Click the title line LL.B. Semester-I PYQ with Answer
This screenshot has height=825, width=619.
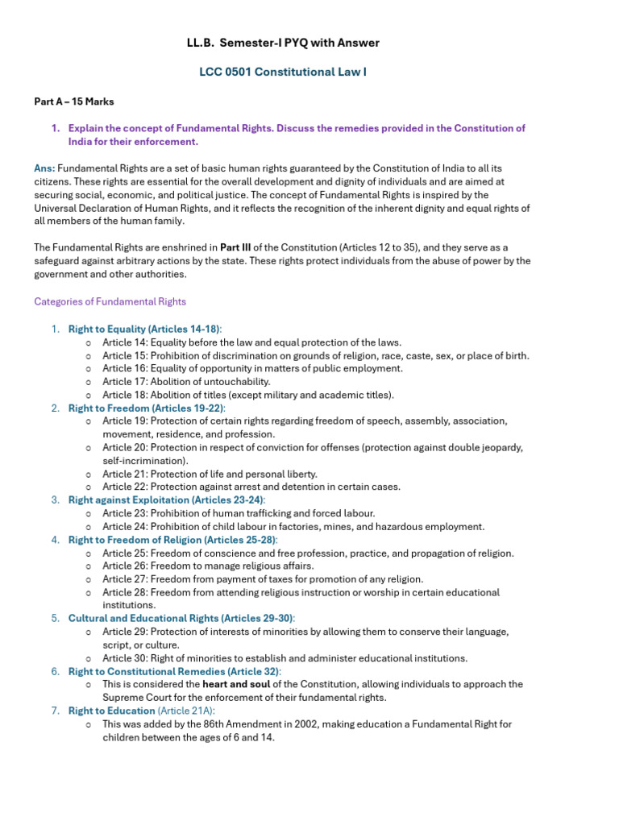coord(283,43)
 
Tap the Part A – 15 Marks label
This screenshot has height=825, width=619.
coord(73,102)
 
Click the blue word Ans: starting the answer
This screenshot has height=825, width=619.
coord(44,168)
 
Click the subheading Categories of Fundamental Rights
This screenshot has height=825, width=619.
coord(110,301)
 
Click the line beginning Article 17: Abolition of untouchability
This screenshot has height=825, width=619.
coord(186,381)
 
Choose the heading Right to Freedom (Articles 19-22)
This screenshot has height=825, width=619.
coord(145,408)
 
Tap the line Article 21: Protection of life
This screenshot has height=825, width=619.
coord(210,474)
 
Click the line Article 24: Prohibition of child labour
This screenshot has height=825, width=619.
coord(293,526)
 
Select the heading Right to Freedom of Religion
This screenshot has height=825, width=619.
coord(172,539)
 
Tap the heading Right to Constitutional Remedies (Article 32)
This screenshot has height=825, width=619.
coord(175,671)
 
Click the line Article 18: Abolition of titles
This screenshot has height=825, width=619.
coord(247,395)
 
